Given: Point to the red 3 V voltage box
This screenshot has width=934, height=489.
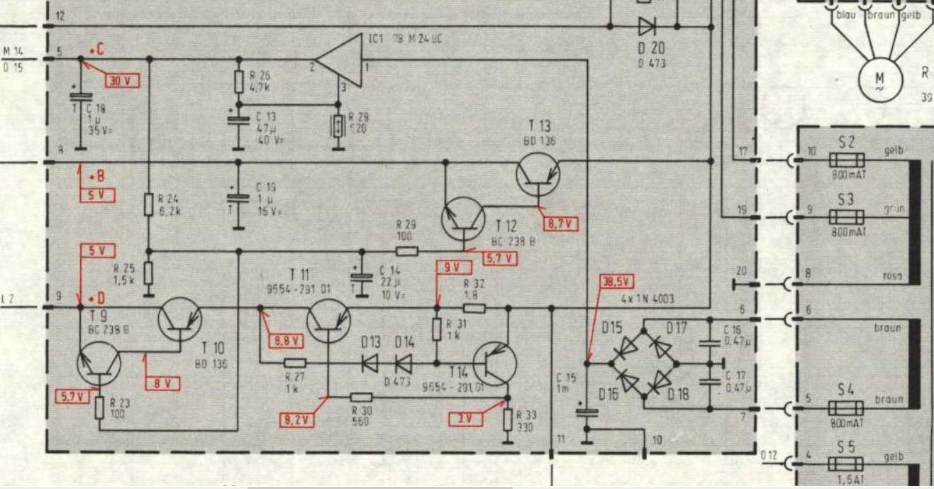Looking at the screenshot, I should click(465, 419).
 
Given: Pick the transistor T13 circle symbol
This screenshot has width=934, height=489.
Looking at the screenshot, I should click(538, 175).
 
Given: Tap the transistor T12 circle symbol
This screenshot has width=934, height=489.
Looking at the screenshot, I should click(462, 221).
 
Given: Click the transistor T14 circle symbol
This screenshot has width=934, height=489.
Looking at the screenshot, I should click(495, 362).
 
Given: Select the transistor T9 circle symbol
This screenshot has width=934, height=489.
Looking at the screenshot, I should click(98, 363).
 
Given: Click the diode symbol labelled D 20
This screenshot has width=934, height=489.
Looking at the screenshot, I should click(647, 27).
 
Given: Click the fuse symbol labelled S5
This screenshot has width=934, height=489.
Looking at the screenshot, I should click(846, 464).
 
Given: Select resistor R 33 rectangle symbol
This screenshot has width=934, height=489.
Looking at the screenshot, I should click(508, 419).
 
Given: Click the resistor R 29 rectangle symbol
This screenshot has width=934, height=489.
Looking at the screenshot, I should click(406, 251).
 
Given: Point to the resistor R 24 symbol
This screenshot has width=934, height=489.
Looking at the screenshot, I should click(148, 206).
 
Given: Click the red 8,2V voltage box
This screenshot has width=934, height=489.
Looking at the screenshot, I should click(298, 421).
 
